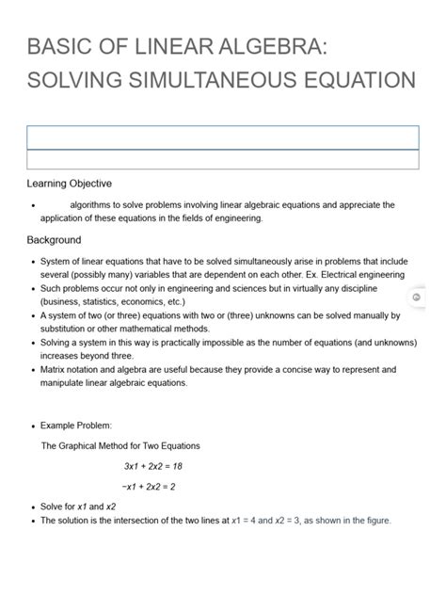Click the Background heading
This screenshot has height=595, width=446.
(54, 239)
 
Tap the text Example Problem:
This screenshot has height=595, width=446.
(77, 426)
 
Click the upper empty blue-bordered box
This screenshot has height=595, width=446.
(222, 137)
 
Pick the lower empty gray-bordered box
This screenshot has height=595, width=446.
(222, 159)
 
